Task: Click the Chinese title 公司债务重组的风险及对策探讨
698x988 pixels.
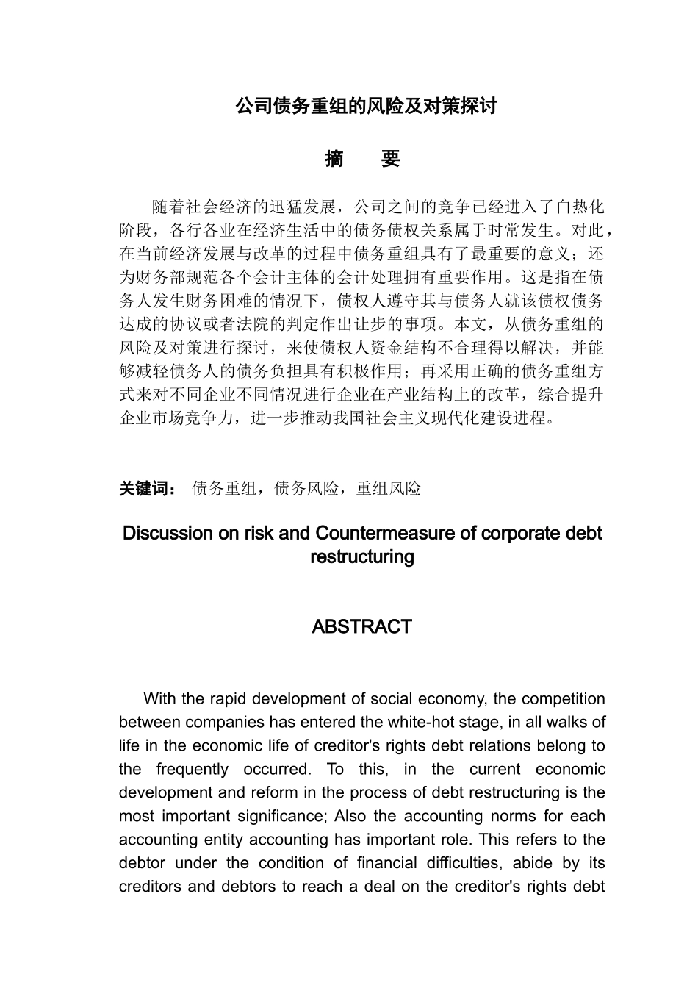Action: [366, 106]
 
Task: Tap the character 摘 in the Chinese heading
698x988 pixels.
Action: [334, 159]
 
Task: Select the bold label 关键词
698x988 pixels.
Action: [144, 488]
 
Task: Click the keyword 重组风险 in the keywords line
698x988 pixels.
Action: [389, 488]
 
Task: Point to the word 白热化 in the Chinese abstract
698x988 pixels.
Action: [580, 207]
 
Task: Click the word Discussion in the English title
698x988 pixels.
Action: [168, 533]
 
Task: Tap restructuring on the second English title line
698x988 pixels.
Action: [362, 556]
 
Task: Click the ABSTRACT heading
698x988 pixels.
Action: [361, 627]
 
